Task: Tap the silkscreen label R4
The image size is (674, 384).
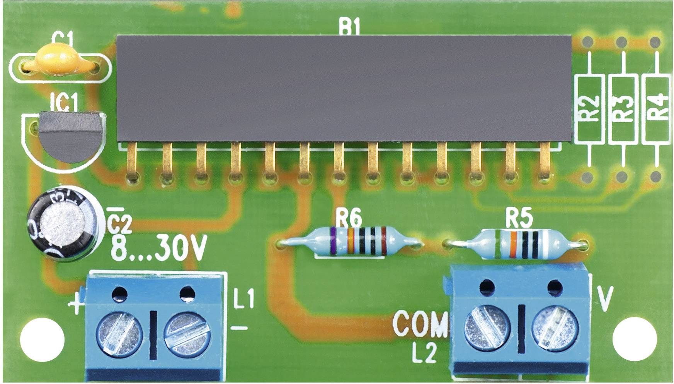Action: (x=656, y=108)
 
